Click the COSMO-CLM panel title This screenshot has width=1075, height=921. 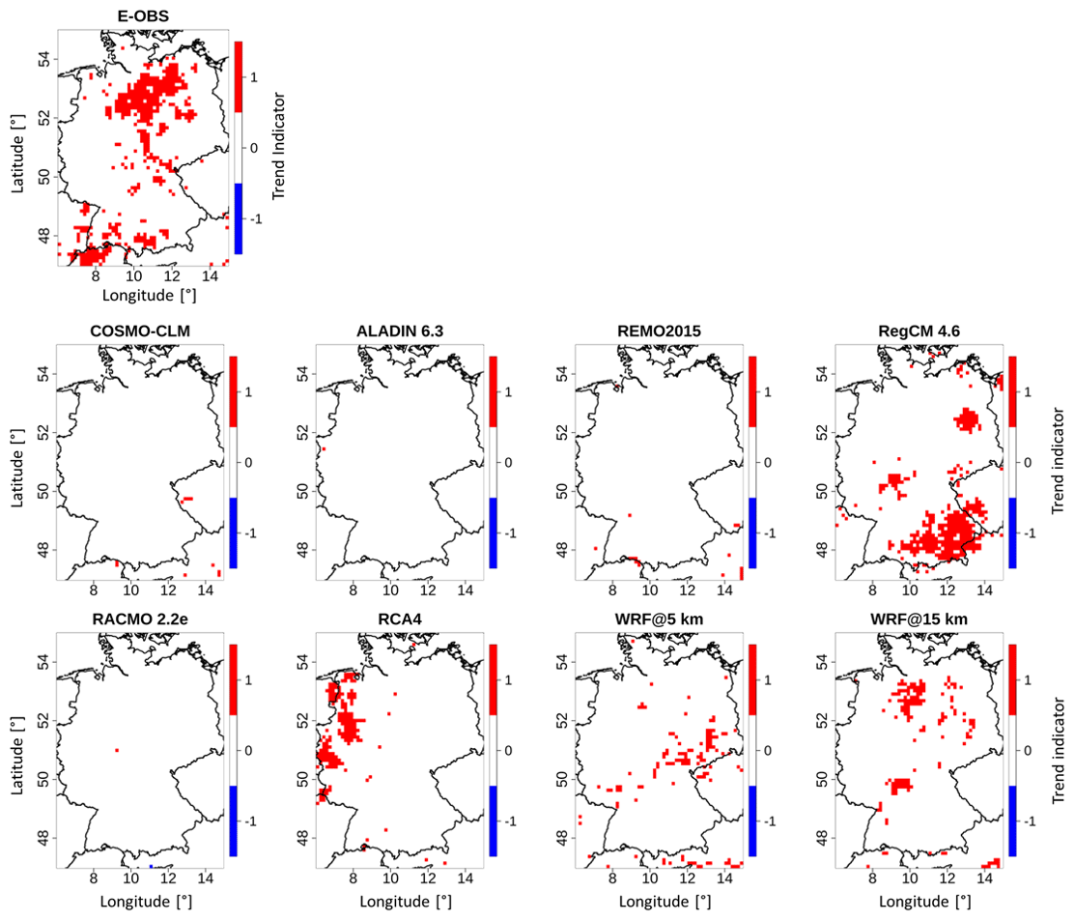click(139, 331)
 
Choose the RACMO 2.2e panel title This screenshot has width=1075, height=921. click(139, 619)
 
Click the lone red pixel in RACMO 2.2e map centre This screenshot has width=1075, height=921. click(117, 750)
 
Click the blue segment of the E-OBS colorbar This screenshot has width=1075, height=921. click(239, 218)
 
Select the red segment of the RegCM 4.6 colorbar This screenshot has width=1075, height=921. click(1013, 390)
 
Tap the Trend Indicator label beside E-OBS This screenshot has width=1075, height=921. click(279, 147)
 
